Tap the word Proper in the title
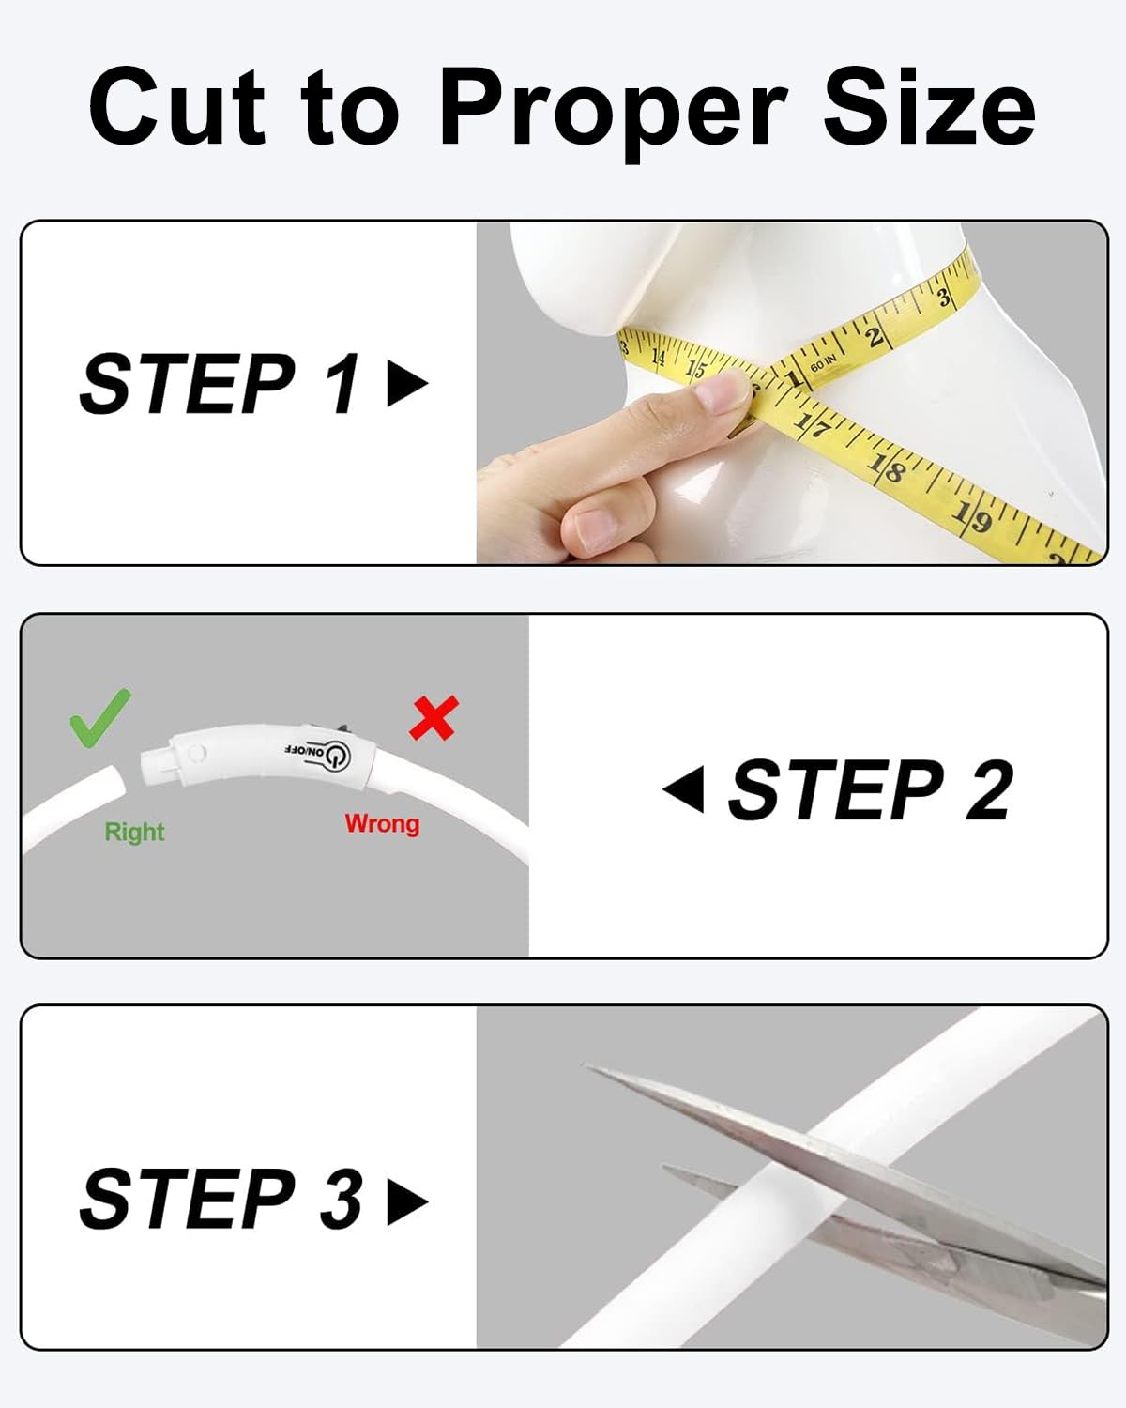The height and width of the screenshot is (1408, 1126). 614,111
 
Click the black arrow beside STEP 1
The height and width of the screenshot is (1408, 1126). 407,383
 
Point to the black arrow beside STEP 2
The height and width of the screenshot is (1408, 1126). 684,789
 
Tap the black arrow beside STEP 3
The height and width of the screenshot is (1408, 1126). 407,1201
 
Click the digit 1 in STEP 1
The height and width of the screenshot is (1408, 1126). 341,383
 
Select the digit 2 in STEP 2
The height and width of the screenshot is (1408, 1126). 989,789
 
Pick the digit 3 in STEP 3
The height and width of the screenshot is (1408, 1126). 342,1199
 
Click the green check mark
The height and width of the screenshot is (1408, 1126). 100,718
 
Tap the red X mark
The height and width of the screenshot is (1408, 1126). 434,718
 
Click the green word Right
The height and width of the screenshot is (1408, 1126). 135,833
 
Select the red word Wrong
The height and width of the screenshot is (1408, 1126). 382,824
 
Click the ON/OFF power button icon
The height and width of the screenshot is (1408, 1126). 338,756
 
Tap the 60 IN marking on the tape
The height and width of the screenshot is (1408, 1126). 823,362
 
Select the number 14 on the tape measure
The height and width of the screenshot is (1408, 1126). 658,358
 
